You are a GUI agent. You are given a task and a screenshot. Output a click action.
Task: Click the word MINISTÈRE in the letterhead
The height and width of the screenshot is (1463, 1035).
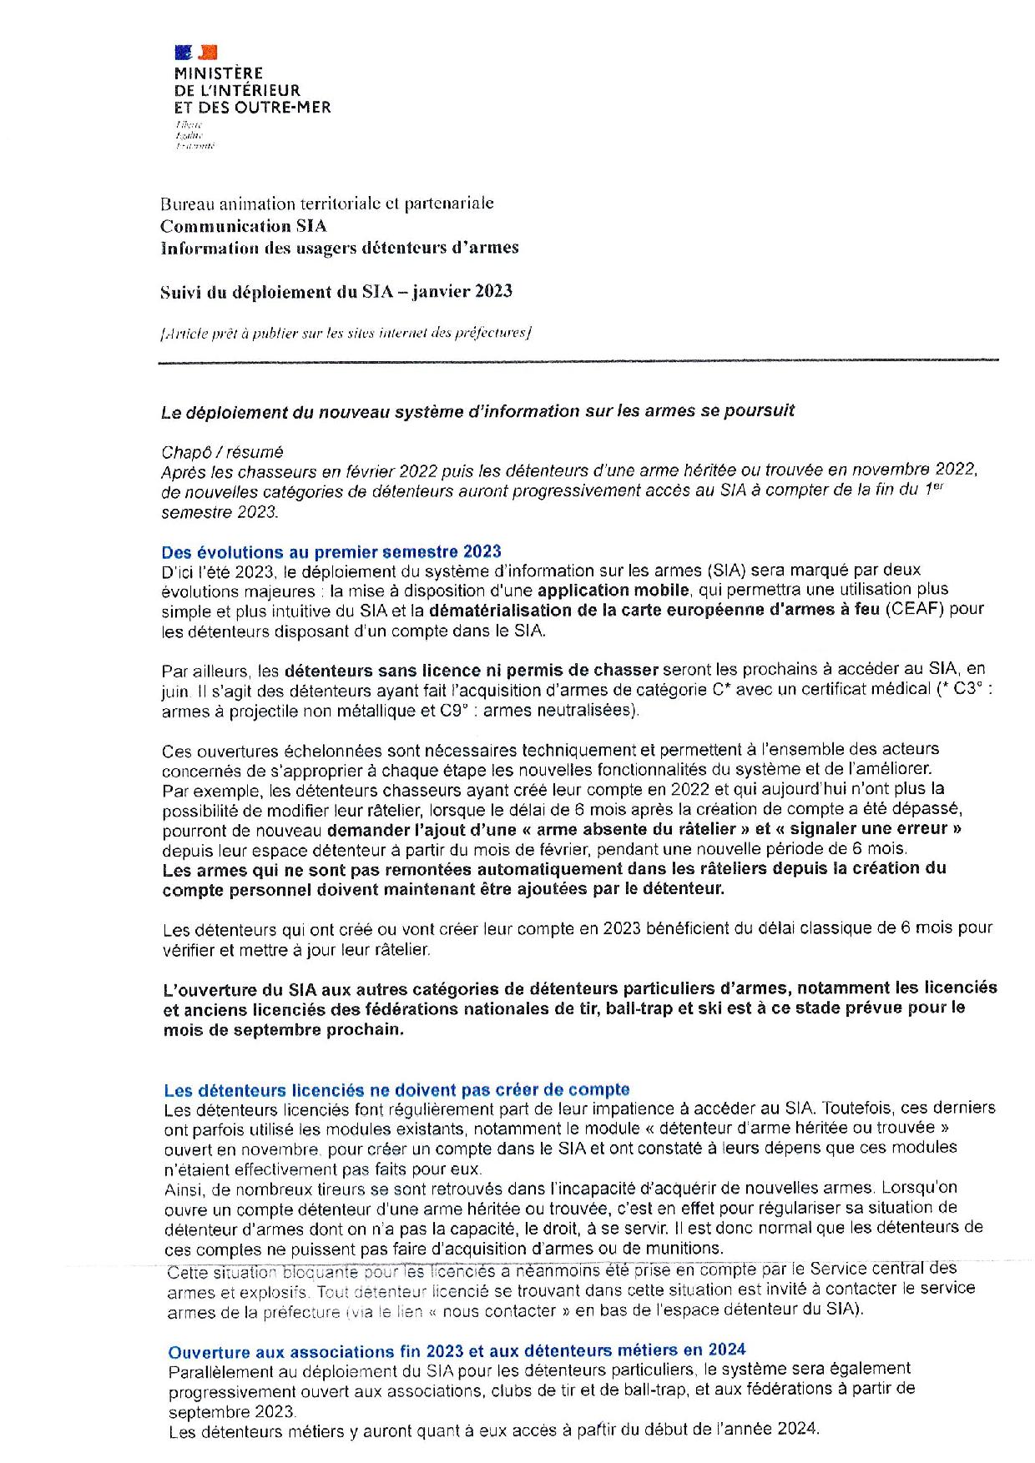tap(219, 73)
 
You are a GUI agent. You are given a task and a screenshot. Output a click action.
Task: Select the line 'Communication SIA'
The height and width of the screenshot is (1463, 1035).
tap(243, 226)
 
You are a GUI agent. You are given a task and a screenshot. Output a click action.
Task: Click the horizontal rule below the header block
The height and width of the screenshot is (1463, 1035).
tap(578, 361)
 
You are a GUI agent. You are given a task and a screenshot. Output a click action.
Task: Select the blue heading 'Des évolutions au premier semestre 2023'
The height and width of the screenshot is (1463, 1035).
tap(331, 551)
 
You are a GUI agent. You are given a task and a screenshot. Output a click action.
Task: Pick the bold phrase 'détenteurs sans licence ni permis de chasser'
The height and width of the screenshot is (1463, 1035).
tap(472, 670)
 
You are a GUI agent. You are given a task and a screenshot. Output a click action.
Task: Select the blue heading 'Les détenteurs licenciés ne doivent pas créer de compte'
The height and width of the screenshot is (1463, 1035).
tap(396, 1090)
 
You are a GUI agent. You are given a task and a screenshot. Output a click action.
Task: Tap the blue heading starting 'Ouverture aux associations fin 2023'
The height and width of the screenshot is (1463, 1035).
tap(457, 1350)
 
